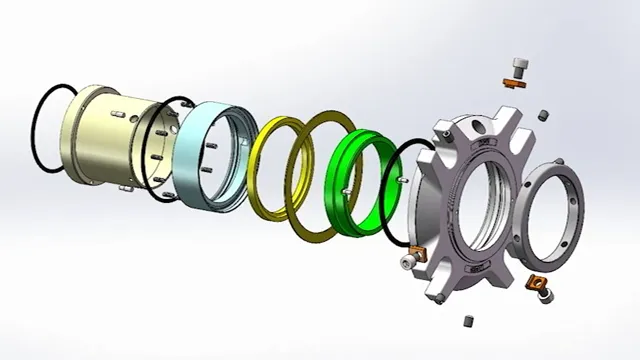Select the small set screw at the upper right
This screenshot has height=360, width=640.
point(543,116)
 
